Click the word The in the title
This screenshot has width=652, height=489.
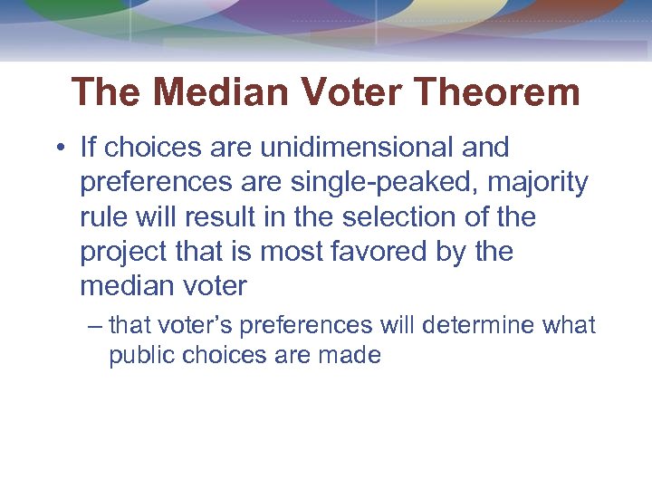[x=106, y=92]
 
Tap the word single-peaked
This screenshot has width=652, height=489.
[x=388, y=182]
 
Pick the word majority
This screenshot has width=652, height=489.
[x=538, y=182]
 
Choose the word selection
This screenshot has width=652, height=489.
[x=408, y=217]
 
